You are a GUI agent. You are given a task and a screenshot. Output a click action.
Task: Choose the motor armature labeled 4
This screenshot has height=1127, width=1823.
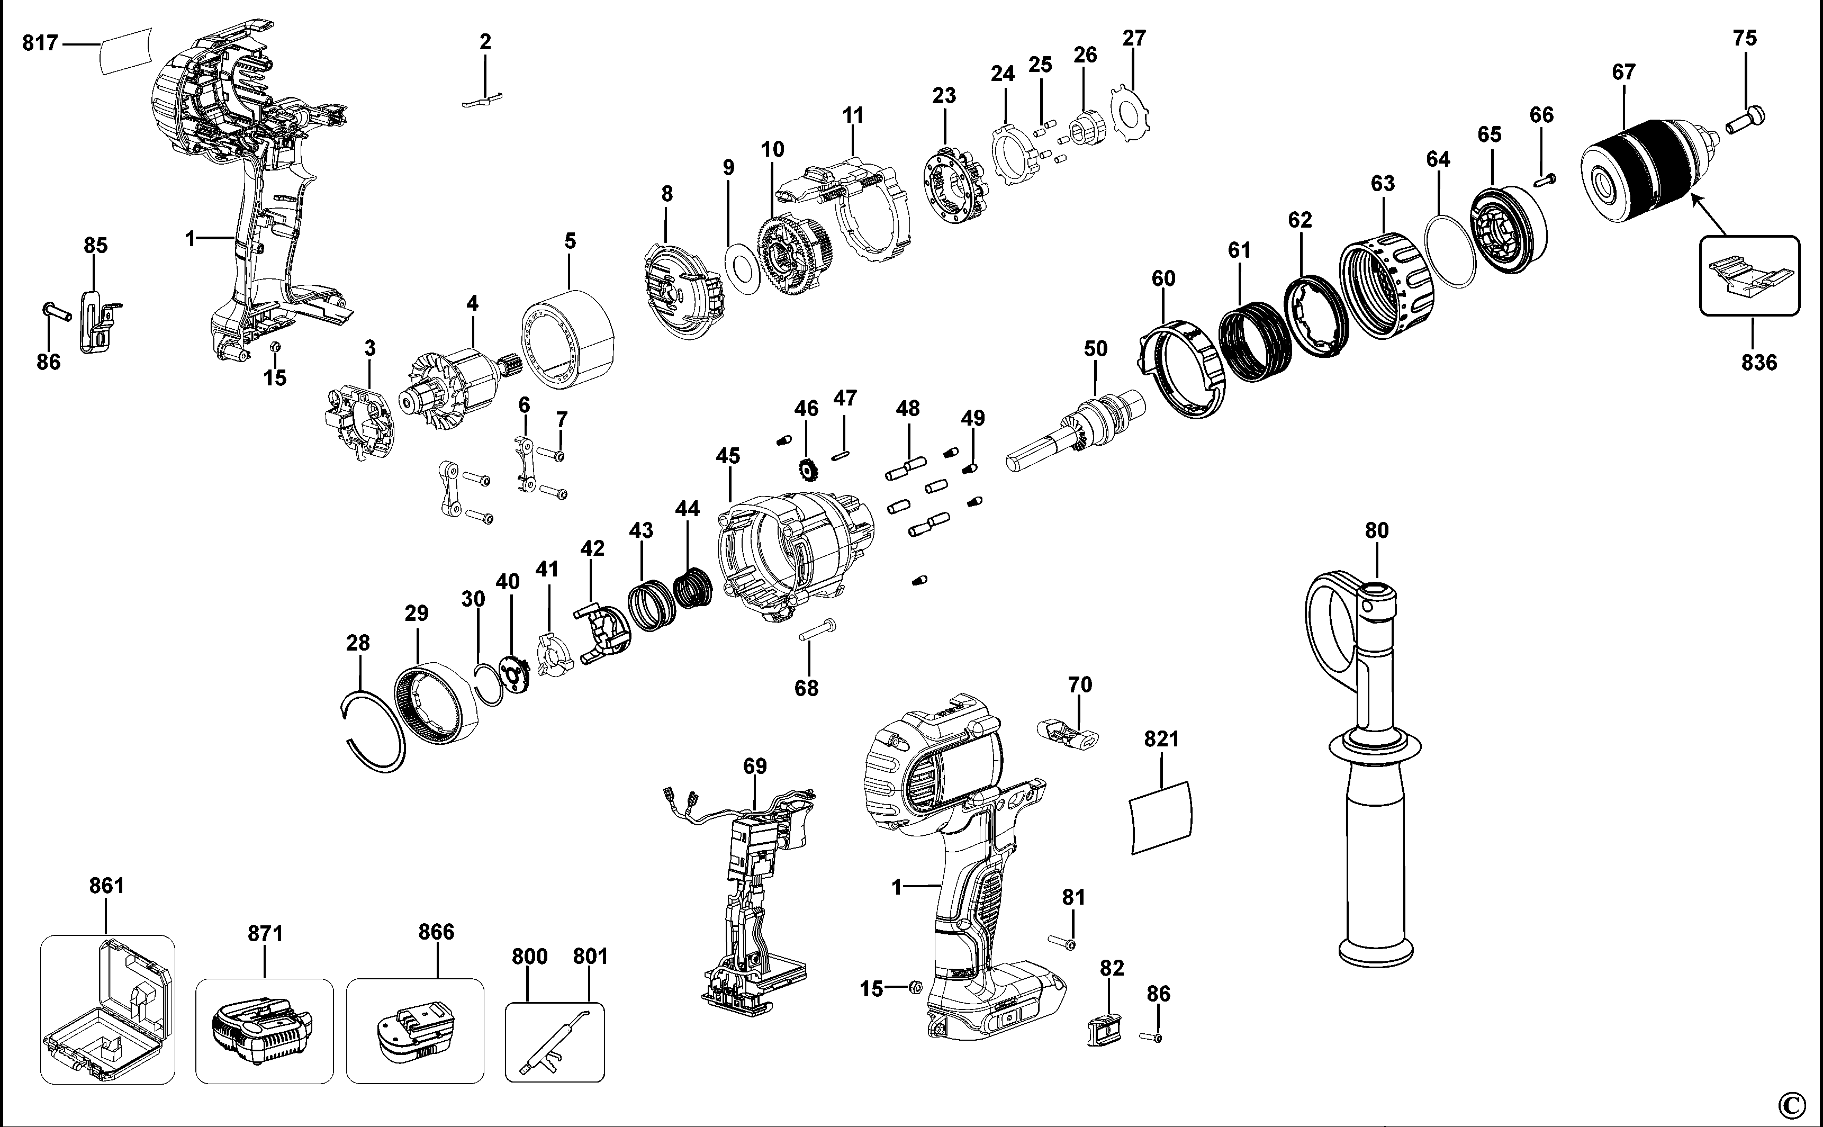455,387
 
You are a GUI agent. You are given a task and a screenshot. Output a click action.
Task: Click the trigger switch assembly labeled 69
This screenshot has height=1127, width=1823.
753,895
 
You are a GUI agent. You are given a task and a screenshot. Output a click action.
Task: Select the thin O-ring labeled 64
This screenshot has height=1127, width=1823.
1450,250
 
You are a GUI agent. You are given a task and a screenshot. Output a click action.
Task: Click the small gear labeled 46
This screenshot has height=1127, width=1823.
806,470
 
